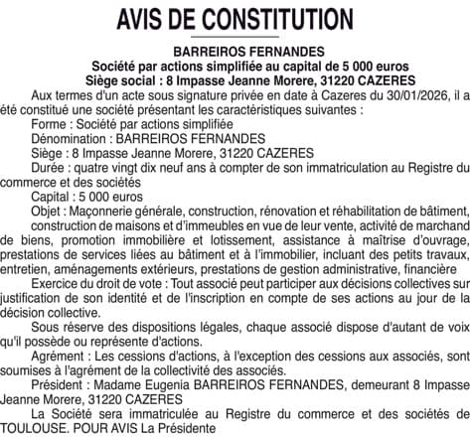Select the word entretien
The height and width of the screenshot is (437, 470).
pyautogui.click(x=30, y=269)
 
